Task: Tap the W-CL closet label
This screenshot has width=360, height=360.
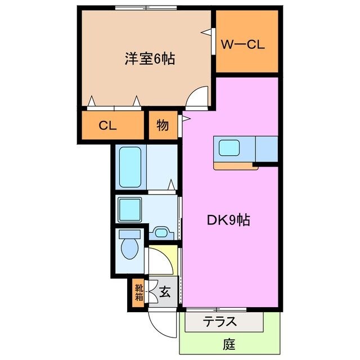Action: click(x=242, y=45)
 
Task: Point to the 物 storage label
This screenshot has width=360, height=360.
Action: click(x=162, y=126)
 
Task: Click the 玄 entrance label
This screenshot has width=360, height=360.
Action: click(x=165, y=292)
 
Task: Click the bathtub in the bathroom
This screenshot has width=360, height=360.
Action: click(x=131, y=166)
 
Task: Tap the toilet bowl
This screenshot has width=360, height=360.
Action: click(x=130, y=247)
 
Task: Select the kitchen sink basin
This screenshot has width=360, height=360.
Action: click(x=230, y=148)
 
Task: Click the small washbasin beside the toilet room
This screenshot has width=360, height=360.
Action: click(x=162, y=232)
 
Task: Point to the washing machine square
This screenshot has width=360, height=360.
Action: click(x=131, y=209)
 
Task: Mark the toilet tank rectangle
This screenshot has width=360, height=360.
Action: click(x=130, y=234)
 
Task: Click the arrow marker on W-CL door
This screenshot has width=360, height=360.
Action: click(x=207, y=32)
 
